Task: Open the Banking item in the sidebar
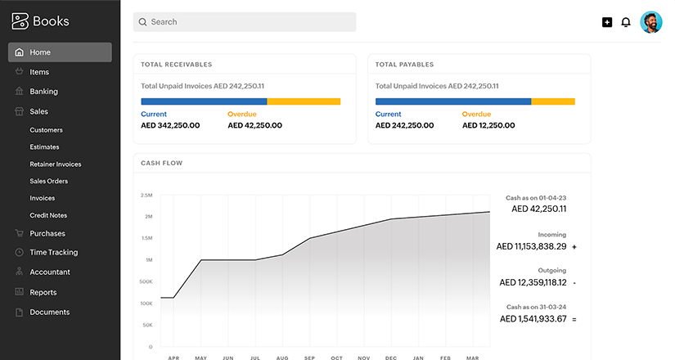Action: coord(43,92)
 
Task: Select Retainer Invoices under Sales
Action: coord(56,164)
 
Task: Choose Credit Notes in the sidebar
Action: coord(48,215)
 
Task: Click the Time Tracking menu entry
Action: coord(53,253)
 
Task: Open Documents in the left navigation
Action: coord(49,312)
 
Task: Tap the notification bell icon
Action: coord(626,22)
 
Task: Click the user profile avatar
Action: coord(651,22)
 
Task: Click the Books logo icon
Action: coord(20,22)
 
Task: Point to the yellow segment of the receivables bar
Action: coord(304,101)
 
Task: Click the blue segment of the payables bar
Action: coord(453,101)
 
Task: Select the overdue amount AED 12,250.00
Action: coord(488,125)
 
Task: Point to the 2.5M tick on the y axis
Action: coord(146,196)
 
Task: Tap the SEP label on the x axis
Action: coord(309,358)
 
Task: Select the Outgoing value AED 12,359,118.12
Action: coord(533,282)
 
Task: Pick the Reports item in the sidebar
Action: coord(43,292)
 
